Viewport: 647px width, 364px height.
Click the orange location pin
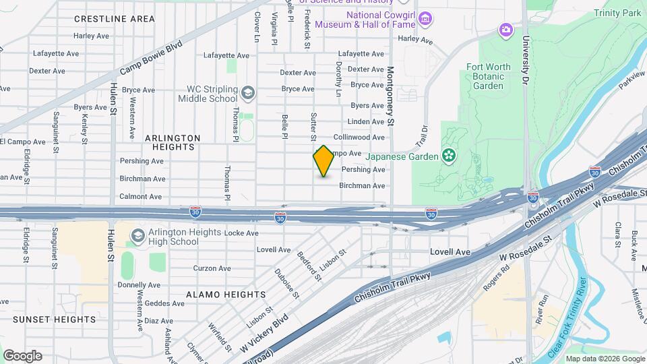pos(323,161)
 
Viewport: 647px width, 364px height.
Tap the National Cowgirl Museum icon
pos(425,18)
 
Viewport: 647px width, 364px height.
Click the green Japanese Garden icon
pos(449,156)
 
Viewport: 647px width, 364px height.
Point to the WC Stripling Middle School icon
pos(247,92)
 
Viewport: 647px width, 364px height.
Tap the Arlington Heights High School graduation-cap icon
pos(138,236)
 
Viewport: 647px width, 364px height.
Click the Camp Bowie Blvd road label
pos(152,58)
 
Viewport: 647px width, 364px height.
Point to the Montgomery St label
pos(390,96)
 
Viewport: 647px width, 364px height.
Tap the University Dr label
pos(524,60)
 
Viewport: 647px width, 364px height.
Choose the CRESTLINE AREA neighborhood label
pos(115,19)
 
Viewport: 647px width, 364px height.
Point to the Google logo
pos(23,355)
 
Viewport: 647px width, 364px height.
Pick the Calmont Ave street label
pos(141,197)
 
